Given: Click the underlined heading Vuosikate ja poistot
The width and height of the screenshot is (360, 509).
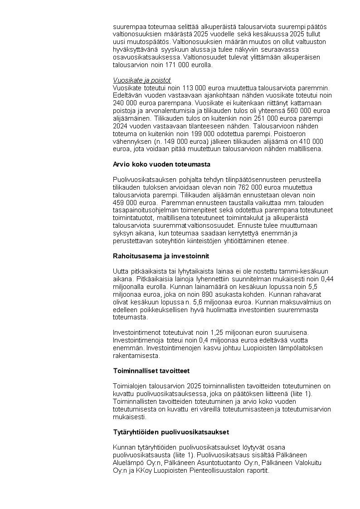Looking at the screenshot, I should pyautogui.click(x=141, y=80).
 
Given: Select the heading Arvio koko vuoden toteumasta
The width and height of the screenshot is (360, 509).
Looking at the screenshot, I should pyautogui.click(x=161, y=164).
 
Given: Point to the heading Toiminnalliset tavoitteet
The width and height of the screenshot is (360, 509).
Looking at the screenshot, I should pyautogui.click(x=151, y=371).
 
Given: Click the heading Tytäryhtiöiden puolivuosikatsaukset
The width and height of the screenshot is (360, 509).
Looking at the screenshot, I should pyautogui.click(x=171, y=431).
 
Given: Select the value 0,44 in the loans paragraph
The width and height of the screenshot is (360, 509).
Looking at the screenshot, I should pyautogui.click(x=327, y=279).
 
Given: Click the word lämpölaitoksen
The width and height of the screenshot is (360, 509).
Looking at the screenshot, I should pyautogui.click(x=301, y=348).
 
